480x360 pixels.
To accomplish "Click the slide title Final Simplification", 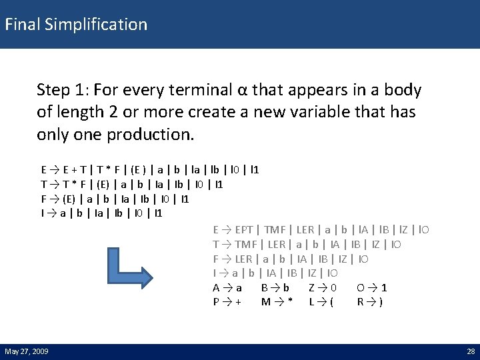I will tap(76, 25).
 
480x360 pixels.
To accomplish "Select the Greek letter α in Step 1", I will tap(243, 90).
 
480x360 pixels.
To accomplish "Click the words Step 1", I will tap(64, 90).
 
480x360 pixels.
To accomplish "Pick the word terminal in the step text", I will tap(199, 90).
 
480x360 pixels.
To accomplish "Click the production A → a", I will tap(227, 287).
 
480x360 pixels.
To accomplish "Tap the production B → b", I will tap(275, 287).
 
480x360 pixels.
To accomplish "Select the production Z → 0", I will tap(323, 287).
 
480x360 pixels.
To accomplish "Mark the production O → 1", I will tap(372, 287).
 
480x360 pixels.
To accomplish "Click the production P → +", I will tap(227, 302).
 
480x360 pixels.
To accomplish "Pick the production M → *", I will tap(277, 302).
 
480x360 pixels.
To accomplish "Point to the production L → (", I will tap(322, 302).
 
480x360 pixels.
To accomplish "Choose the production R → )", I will tap(370, 302).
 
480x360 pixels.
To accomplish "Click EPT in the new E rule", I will tap(244, 229).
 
